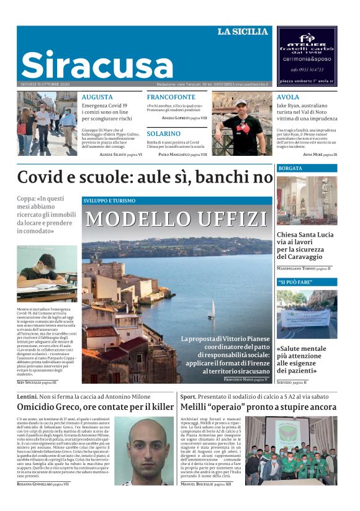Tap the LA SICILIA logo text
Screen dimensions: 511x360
[243, 32]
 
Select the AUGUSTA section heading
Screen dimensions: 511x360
[97, 97]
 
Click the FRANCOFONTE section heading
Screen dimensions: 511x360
[171, 97]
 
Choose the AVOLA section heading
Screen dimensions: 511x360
[288, 97]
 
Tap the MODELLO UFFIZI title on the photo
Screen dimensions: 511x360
[177, 219]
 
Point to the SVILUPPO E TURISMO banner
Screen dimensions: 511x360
[109, 201]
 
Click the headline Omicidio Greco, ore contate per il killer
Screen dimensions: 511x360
[95, 407]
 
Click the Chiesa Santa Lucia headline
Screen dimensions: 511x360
[305, 246]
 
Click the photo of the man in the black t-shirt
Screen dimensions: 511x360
[241, 124]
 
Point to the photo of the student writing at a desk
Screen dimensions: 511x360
[47, 273]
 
